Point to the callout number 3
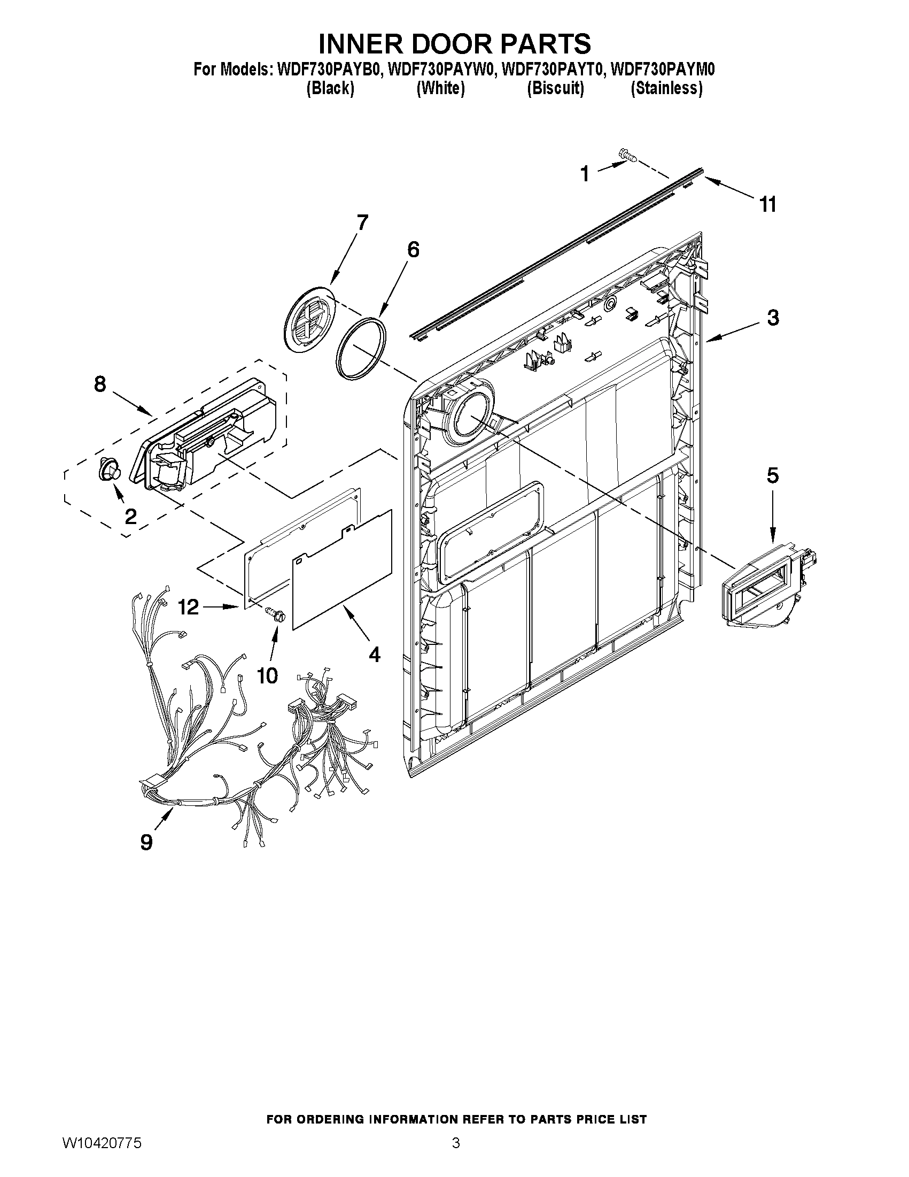[x=773, y=318]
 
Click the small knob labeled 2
[x=108, y=470]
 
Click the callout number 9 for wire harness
[x=146, y=842]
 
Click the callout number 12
[x=189, y=607]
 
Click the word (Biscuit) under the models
[x=555, y=88]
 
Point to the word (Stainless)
[x=666, y=88]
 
